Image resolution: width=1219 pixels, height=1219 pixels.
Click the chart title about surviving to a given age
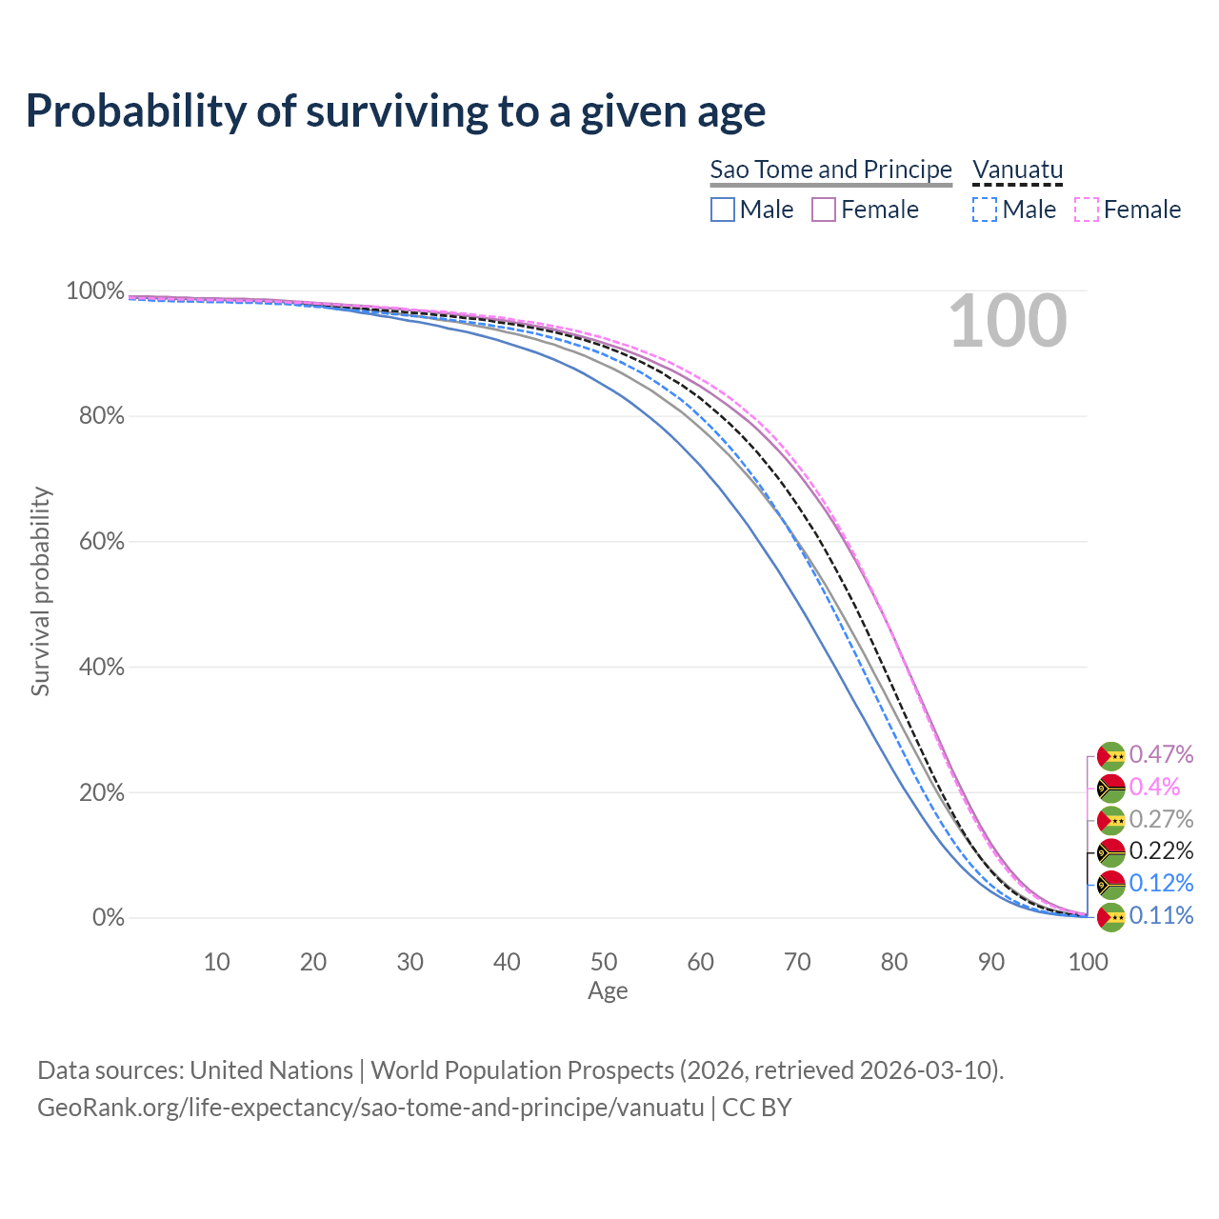coord(395,111)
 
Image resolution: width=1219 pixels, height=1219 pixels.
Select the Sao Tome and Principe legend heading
coord(830,170)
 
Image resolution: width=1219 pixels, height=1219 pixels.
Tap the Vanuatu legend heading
coord(1017,170)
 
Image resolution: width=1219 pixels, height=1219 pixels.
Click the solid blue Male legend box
coord(723,210)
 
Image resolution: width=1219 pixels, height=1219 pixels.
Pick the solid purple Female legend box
coord(824,210)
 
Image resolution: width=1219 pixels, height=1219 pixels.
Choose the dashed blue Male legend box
coord(985,210)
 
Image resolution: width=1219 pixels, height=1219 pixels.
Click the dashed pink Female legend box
coord(1086,210)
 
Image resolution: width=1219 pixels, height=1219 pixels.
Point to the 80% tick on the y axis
coord(95,416)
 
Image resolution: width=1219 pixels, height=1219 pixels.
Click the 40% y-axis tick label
coord(95,667)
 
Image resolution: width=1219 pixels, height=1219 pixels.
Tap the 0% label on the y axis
coord(108,918)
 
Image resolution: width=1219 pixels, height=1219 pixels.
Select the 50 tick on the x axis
coord(604,962)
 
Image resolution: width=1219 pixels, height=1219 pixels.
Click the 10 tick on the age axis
coord(216,962)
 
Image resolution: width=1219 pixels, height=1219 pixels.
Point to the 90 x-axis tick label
coord(991,962)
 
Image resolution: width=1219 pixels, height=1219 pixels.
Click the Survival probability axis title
coord(40,591)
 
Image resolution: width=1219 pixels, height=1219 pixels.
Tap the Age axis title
coord(608,991)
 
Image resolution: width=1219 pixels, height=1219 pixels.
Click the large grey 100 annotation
coord(1008,322)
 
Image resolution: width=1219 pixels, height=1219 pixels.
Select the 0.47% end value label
coord(1161,755)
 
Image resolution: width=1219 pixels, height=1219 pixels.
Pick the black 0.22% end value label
coord(1161,850)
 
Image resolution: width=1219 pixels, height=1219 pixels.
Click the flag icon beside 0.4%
coord(1111,788)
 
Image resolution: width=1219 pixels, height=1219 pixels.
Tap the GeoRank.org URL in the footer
coord(370,1108)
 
